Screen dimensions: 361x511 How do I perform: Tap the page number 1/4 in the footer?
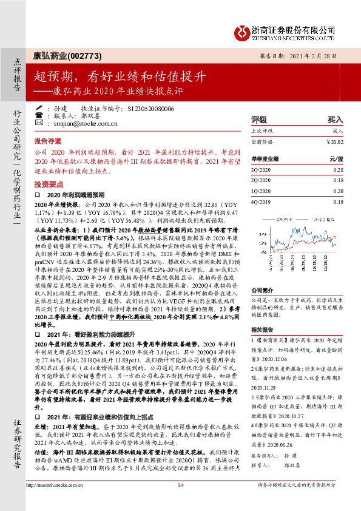point(180,501)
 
